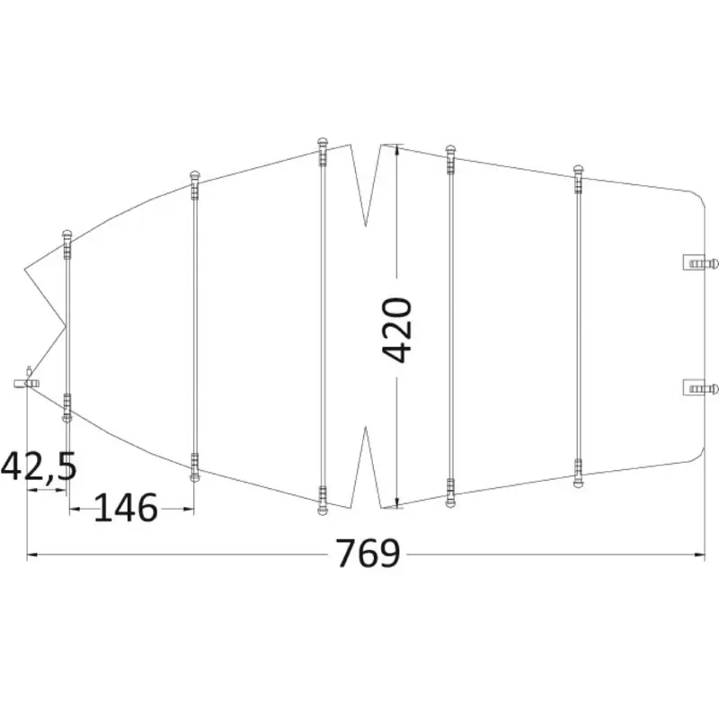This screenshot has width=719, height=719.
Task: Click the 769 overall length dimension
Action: pos(368,554)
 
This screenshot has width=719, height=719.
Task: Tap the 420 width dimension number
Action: pos(397,330)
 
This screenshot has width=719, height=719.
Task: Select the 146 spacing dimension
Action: pos(126,508)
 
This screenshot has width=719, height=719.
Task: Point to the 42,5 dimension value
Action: pos(39,466)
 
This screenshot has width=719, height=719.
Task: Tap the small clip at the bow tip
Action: pos(27,381)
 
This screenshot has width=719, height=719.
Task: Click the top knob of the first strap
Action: pos(67,234)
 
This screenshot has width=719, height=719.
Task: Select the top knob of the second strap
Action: pos(195,175)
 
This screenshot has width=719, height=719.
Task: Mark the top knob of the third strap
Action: pos(323,141)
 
